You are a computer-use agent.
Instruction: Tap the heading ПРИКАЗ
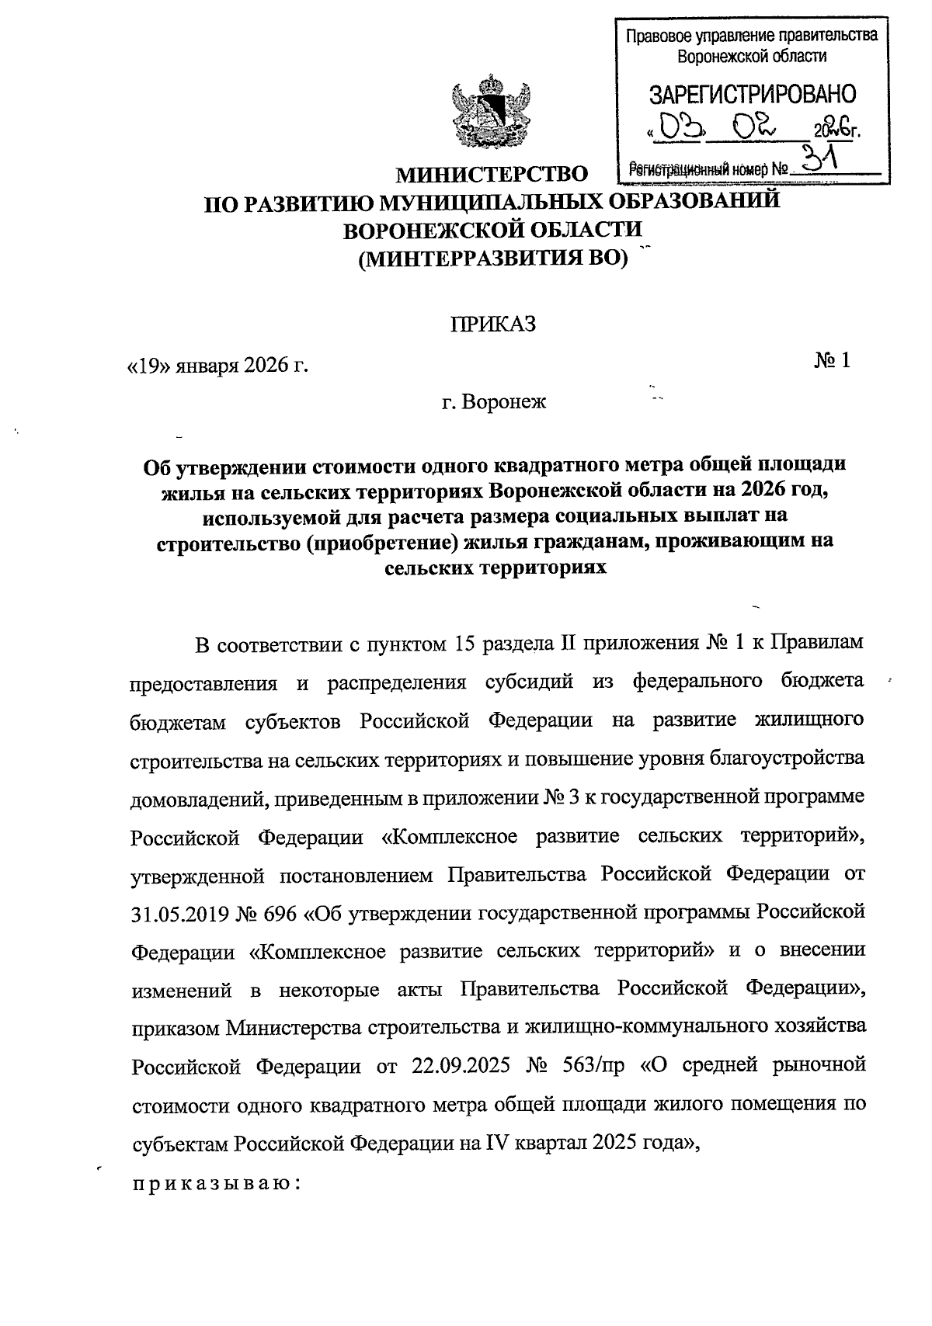(x=494, y=323)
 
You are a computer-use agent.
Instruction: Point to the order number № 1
(x=832, y=360)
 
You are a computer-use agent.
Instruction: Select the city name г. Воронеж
(x=494, y=402)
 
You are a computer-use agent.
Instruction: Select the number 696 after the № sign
(x=280, y=913)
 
